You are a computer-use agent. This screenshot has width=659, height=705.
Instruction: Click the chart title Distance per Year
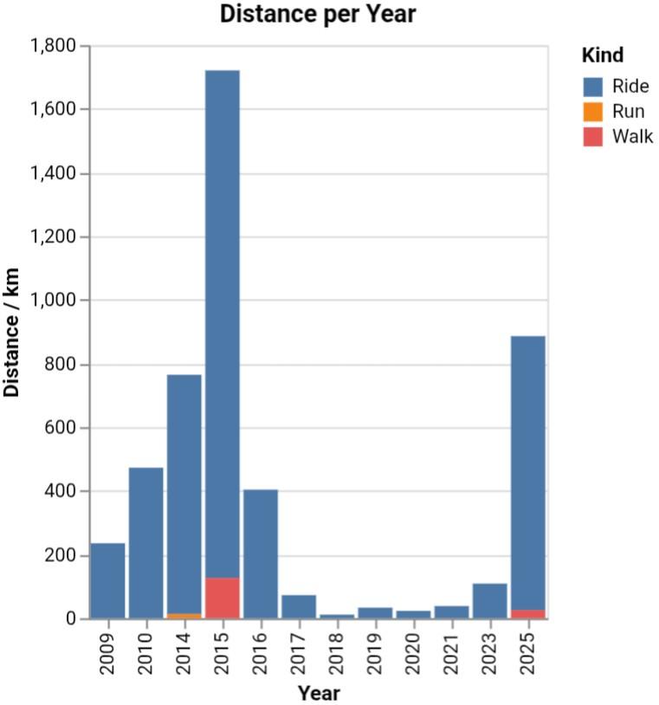pyautogui.click(x=318, y=15)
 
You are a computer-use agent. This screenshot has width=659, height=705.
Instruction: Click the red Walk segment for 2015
pyautogui.click(x=223, y=598)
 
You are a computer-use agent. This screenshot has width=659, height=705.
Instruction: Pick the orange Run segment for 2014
pyautogui.click(x=184, y=616)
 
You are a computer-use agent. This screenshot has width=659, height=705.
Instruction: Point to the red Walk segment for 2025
pyautogui.click(x=527, y=614)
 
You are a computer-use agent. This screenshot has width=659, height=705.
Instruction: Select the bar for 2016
pyautogui.click(x=261, y=553)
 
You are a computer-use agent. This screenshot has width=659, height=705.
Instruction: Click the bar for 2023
pyautogui.click(x=489, y=601)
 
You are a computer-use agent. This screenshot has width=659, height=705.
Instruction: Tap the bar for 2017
pyautogui.click(x=299, y=606)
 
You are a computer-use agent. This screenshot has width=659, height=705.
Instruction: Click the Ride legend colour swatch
pyautogui.click(x=593, y=87)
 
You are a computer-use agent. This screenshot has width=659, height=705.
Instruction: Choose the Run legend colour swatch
pyautogui.click(x=593, y=112)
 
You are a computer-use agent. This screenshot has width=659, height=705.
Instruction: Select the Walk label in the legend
pyautogui.click(x=632, y=137)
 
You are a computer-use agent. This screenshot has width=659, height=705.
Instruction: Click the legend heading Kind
pyautogui.click(x=603, y=56)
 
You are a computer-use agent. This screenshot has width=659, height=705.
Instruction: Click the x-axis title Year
pyautogui.click(x=319, y=694)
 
